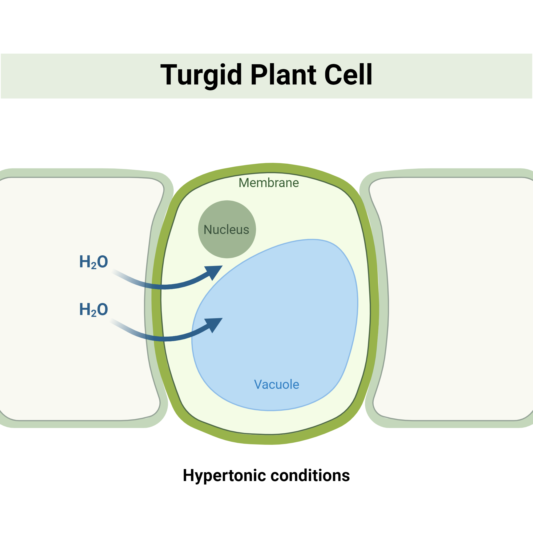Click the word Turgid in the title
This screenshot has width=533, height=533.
(x=201, y=75)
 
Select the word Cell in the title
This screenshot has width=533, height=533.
(x=348, y=75)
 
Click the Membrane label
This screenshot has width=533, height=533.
(x=269, y=183)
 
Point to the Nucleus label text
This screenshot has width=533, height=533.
(x=226, y=230)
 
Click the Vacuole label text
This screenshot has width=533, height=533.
(x=276, y=385)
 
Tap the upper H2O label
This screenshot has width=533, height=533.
(x=94, y=261)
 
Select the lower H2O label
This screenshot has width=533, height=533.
(x=94, y=309)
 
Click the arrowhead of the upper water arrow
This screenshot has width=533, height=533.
(x=215, y=272)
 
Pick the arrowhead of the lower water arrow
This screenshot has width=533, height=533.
(x=215, y=324)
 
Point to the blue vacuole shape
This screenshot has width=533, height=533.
(x=290, y=317)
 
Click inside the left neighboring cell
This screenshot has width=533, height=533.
(x=69, y=359)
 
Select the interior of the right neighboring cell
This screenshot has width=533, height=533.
(x=455, y=304)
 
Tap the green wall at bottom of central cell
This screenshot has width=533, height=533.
(x=272, y=439)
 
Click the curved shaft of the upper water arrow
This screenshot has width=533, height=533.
(x=165, y=287)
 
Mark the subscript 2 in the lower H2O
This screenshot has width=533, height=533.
(x=94, y=314)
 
